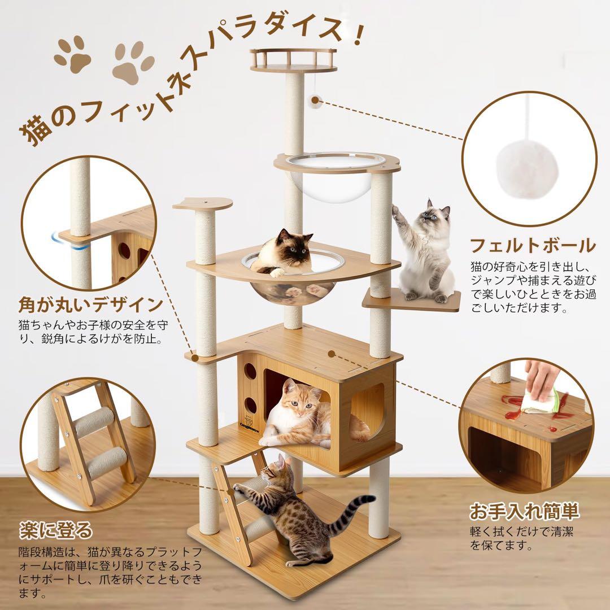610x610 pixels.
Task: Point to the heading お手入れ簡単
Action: click(x=524, y=512)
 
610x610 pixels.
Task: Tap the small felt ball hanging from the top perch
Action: click(x=315, y=102)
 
